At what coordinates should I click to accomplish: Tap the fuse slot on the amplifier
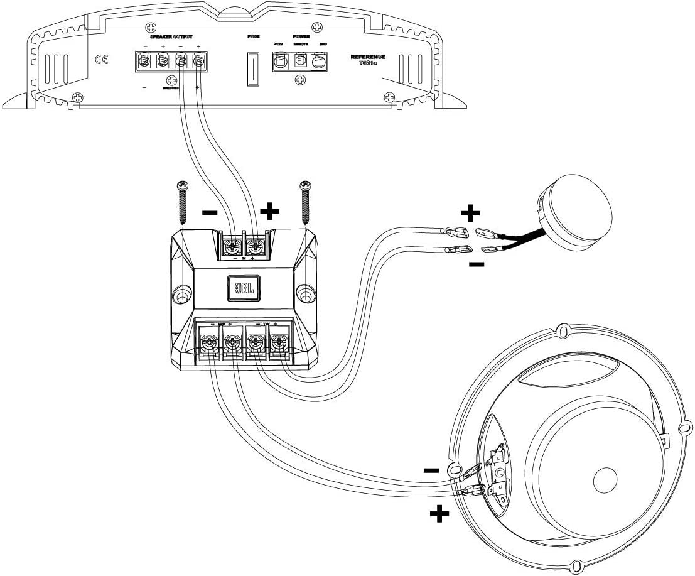[254, 68]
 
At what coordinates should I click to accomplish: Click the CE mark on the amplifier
[100, 60]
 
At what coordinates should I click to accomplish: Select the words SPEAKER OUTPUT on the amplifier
[171, 38]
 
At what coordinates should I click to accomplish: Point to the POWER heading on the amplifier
[301, 38]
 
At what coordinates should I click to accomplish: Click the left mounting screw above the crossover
[183, 202]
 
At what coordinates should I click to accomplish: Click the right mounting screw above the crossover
[306, 202]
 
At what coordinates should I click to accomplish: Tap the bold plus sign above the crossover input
[269, 211]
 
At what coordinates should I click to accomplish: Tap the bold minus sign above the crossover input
[210, 213]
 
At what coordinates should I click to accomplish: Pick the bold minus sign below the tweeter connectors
[477, 264]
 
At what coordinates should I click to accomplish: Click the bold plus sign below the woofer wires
[439, 515]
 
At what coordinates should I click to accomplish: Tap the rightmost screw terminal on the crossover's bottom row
[279, 343]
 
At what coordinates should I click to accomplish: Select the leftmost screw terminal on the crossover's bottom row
[208, 343]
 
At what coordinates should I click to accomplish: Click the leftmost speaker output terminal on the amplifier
[144, 62]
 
